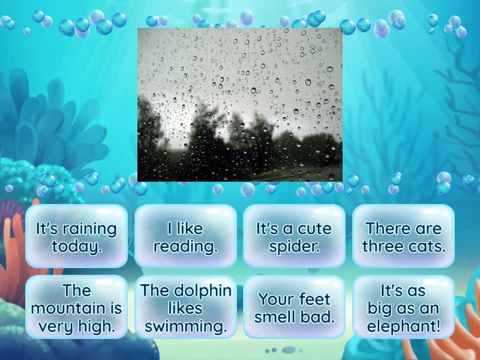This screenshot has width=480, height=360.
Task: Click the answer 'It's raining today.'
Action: coord(76,237)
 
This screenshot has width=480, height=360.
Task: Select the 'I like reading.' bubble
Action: coord(185,237)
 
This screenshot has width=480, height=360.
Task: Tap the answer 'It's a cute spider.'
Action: coord(294,237)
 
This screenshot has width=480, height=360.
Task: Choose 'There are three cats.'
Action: coord(403,237)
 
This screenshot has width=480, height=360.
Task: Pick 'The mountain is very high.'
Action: coord(76,308)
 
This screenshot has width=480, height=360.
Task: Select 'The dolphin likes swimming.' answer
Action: coord(185,308)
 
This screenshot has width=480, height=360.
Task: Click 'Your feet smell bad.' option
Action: coord(294,308)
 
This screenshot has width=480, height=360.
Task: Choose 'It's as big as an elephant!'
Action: coord(403,308)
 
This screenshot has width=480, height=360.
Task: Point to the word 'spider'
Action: coord(294,247)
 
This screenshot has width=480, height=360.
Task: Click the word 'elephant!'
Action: coord(403,327)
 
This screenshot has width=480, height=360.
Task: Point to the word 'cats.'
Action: coord(427,247)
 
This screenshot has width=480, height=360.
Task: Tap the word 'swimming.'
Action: coord(185,327)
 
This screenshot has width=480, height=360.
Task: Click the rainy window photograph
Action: coord(240,104)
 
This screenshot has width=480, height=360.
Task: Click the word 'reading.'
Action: coord(185,247)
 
